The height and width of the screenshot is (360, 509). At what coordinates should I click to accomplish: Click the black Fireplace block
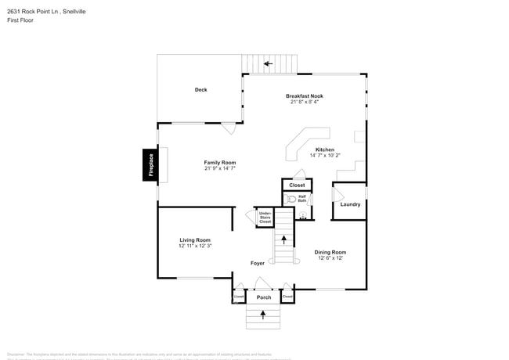point(150,165)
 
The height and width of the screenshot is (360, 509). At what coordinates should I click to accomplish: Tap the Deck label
point(200,90)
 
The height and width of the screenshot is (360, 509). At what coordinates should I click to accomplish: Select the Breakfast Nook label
point(304,95)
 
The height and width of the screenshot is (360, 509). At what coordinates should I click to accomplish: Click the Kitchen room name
point(324,149)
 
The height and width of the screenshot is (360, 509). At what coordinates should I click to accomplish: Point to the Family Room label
point(220,162)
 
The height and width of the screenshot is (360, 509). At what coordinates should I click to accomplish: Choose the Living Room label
point(195,239)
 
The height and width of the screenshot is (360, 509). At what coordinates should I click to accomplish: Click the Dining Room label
point(330,252)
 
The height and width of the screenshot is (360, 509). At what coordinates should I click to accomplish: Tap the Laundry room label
point(349,204)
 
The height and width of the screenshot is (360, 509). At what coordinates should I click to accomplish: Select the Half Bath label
point(301,198)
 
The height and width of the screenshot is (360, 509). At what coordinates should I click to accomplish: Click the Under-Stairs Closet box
point(265,217)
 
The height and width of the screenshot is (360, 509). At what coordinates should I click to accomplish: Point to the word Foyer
point(258,263)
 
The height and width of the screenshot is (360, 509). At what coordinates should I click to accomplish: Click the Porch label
point(263,297)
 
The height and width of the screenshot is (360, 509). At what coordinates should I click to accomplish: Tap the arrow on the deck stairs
point(268,63)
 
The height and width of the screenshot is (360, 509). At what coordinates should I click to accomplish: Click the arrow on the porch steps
point(263,315)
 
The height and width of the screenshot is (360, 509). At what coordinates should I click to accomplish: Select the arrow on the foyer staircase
point(283,239)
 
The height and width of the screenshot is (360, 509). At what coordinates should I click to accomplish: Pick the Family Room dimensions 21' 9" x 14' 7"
point(220,168)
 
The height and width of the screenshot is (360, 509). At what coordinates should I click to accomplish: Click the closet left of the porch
point(239,297)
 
